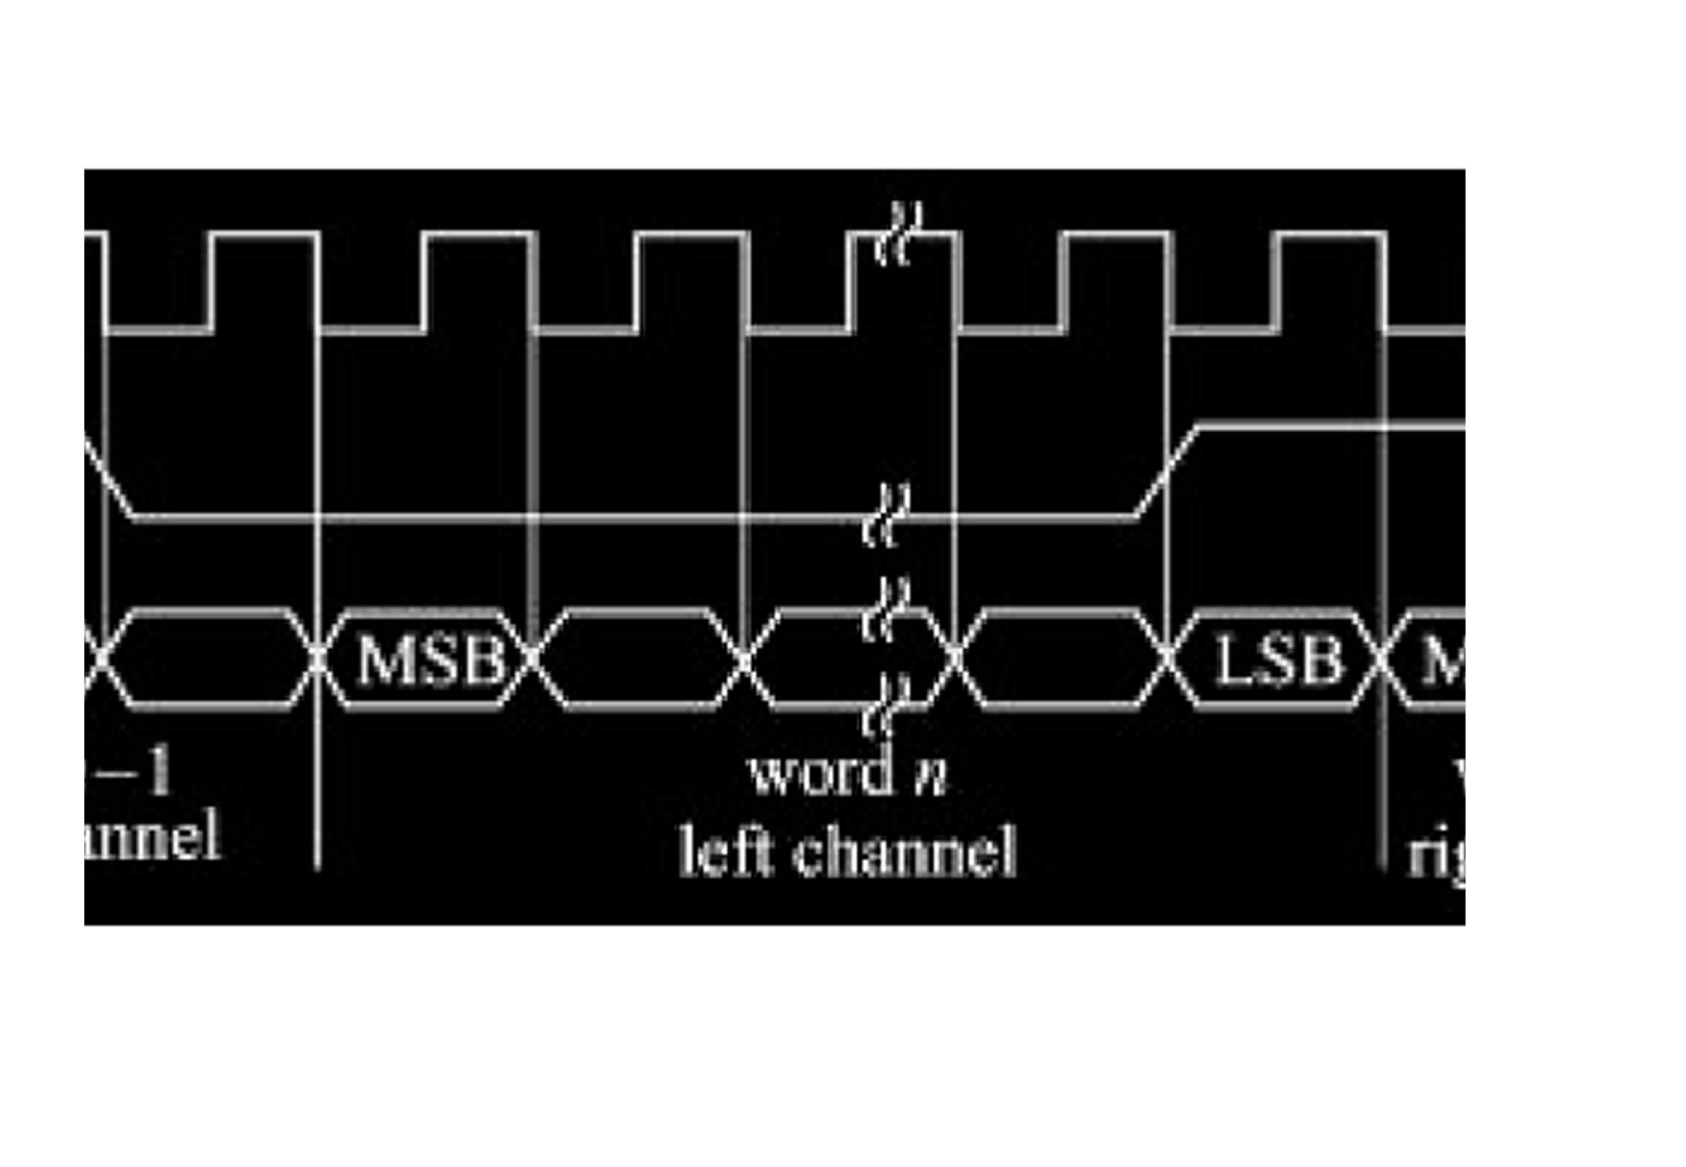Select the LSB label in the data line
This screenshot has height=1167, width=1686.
(x=1279, y=659)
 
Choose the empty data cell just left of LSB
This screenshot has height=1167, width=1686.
(x=1060, y=659)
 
